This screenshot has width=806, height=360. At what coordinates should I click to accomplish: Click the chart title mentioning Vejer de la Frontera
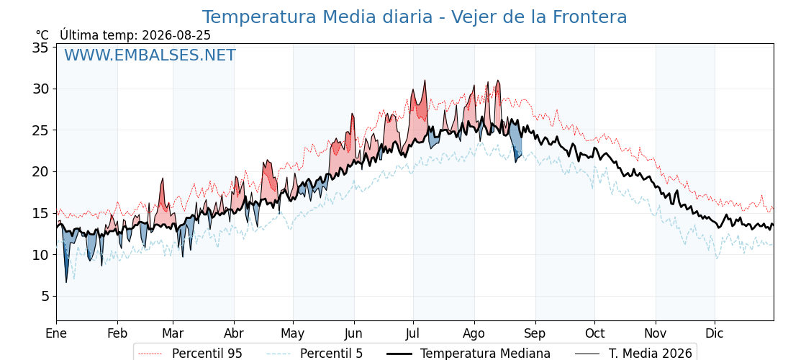tap(415, 17)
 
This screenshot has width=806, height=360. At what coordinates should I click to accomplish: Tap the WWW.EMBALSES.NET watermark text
tap(150, 55)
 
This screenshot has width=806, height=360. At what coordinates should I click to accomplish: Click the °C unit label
tap(42, 35)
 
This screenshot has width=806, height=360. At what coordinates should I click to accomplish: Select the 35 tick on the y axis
tap(40, 48)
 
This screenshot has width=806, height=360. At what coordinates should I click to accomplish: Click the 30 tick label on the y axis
tap(40, 89)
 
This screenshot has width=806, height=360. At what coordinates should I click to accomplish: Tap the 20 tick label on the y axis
tap(40, 172)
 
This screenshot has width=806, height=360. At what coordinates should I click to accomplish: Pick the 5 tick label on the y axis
tap(44, 296)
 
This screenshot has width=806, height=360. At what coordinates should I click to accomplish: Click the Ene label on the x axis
tap(56, 334)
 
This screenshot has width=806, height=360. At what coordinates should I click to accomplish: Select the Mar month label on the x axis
tap(173, 334)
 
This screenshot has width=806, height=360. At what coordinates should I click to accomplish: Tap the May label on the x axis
tap(293, 334)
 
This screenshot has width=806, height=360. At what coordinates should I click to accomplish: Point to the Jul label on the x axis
tap(413, 334)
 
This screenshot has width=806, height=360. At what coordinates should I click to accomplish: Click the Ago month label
tap(474, 334)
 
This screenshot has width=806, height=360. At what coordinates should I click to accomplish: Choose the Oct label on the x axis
tap(594, 334)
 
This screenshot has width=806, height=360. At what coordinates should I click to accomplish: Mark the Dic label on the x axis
tap(715, 334)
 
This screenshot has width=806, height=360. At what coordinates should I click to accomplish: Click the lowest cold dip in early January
tap(65, 282)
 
